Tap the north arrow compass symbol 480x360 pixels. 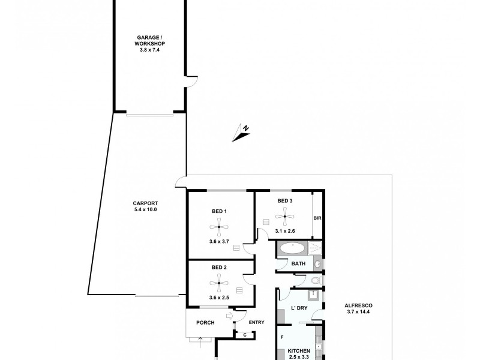pyautogui.click(x=241, y=133)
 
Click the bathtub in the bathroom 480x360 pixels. pyautogui.click(x=293, y=248)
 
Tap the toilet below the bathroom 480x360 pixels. pyautogui.click(x=317, y=280)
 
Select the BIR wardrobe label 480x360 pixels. pyautogui.click(x=318, y=218)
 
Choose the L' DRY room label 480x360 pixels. pyautogui.click(x=299, y=308)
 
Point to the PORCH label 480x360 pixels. pyautogui.click(x=206, y=323)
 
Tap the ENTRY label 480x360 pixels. pyautogui.click(x=256, y=323)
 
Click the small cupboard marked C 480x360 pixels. pyautogui.click(x=244, y=335)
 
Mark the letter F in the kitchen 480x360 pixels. pyautogui.click(x=282, y=338)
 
